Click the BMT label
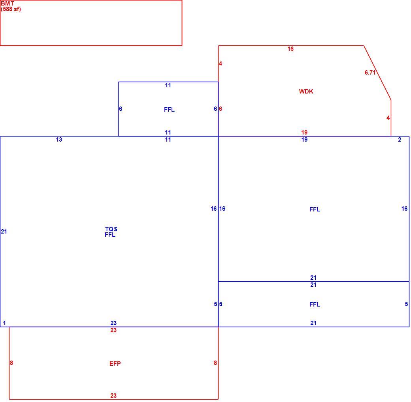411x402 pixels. pyautogui.click(x=8, y=4)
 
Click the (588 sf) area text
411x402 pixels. pyautogui.click(x=11, y=9)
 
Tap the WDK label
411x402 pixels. pyautogui.click(x=306, y=92)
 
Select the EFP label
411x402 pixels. pyautogui.click(x=115, y=363)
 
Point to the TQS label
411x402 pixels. pyautogui.click(x=111, y=229)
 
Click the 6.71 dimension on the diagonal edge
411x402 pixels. pyautogui.click(x=370, y=73)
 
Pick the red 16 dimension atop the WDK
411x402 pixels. pyautogui.click(x=290, y=49)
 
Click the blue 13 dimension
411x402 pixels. pyautogui.click(x=59, y=140)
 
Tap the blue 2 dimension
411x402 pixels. pyautogui.click(x=400, y=140)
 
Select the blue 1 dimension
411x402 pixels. pyautogui.click(x=4, y=323)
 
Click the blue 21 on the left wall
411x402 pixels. pyautogui.click(x=4, y=232)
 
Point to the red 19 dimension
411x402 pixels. pyautogui.click(x=304, y=133)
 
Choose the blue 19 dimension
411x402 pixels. pyautogui.click(x=304, y=140)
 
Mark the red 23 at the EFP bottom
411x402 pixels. pyautogui.click(x=113, y=396)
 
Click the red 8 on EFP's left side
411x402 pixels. pyautogui.click(x=11, y=363)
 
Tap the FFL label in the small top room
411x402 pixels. pyautogui.click(x=169, y=110)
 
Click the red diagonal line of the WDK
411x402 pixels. pyautogui.click(x=377, y=73)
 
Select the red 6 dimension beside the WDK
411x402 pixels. pyautogui.click(x=221, y=109)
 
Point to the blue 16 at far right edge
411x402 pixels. pyautogui.click(x=404, y=209)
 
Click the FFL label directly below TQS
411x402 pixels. pyautogui.click(x=110, y=235)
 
